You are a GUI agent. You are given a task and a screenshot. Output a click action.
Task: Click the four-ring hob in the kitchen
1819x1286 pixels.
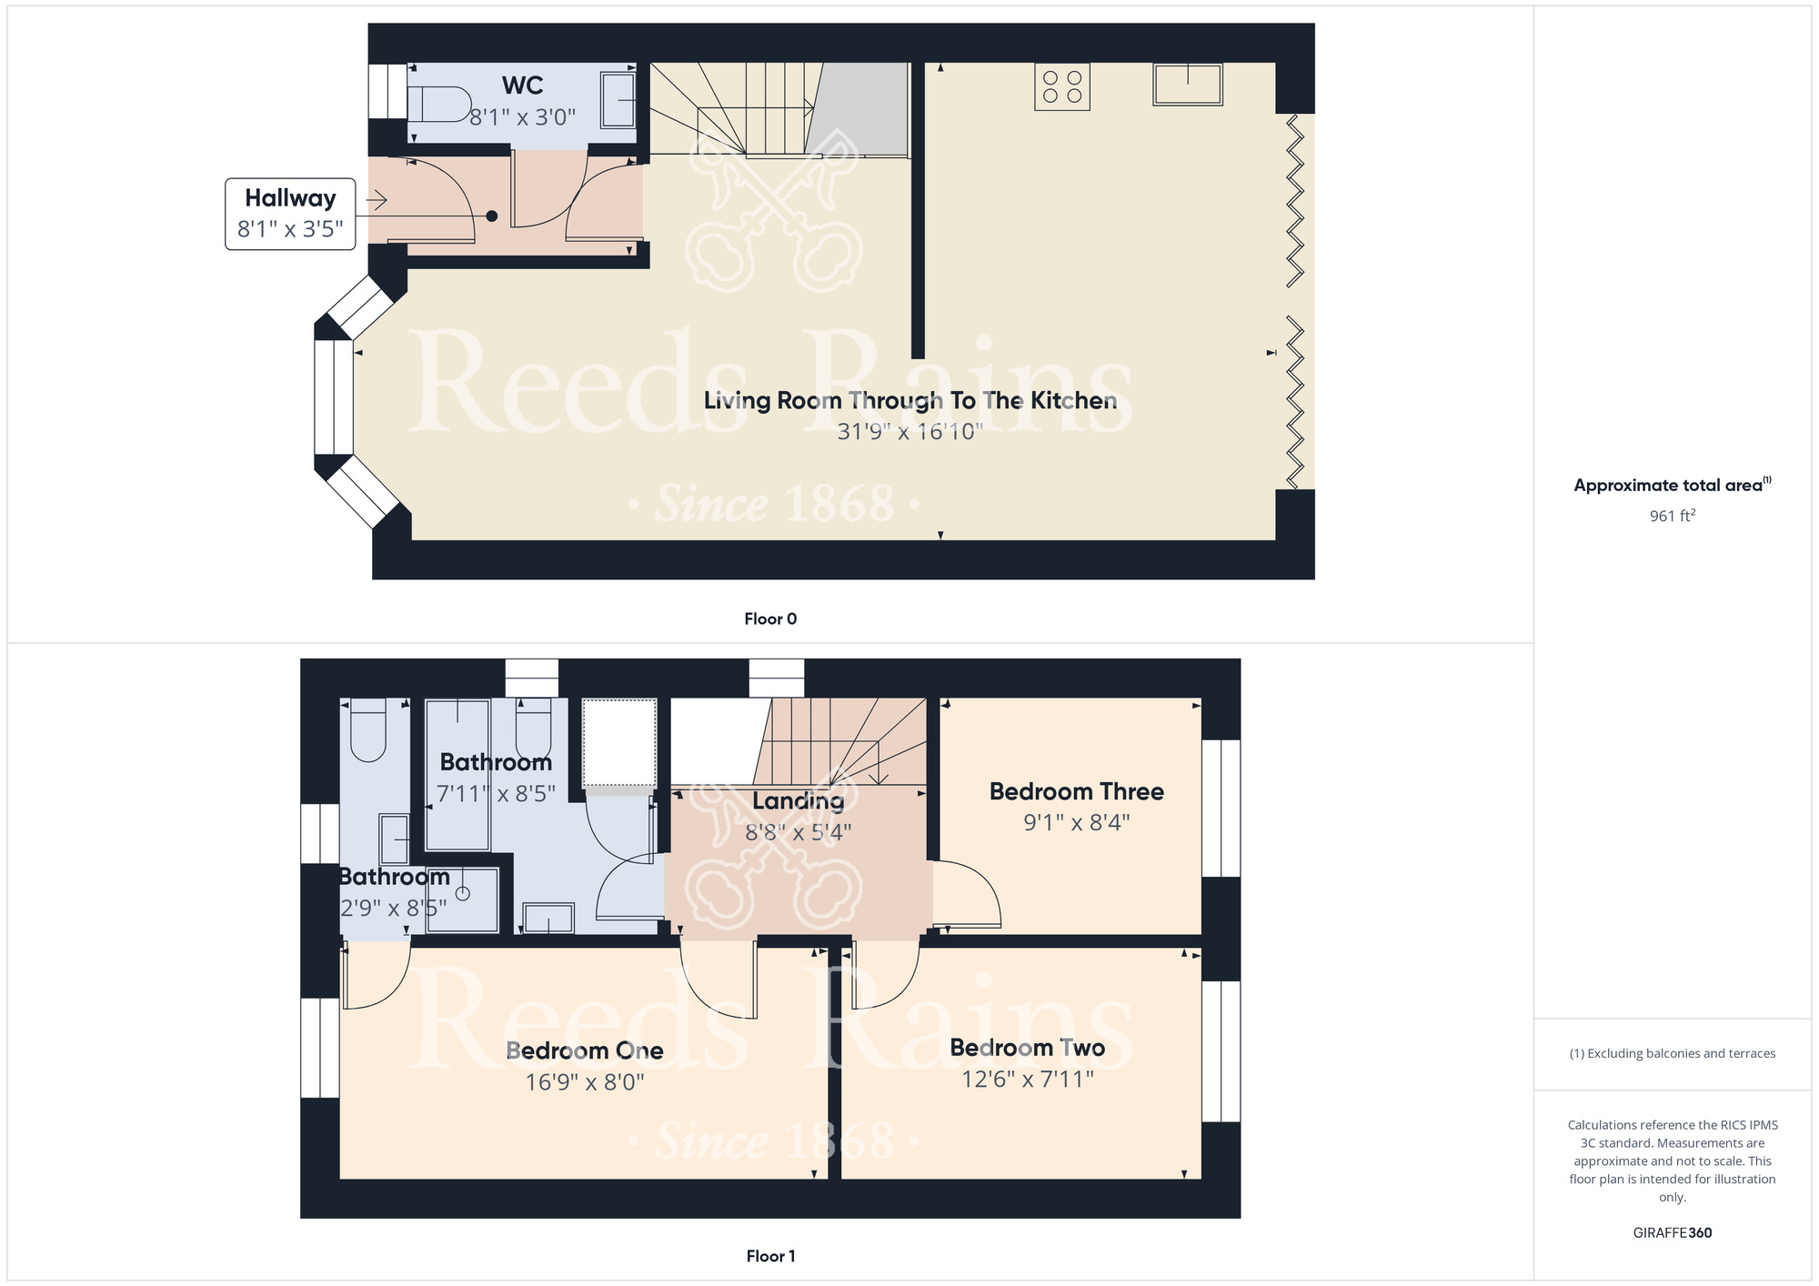[1062, 86]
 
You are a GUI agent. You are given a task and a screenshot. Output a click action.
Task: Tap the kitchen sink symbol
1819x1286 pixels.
[1188, 84]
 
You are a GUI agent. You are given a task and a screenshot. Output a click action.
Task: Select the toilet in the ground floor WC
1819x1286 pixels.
[438, 104]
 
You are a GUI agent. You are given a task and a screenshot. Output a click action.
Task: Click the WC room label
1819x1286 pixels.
[523, 85]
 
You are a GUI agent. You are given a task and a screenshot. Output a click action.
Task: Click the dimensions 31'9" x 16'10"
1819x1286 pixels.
[909, 431]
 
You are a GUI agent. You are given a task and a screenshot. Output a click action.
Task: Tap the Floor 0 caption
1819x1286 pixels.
[770, 618]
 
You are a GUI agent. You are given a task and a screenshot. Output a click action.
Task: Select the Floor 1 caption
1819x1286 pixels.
[770, 1256]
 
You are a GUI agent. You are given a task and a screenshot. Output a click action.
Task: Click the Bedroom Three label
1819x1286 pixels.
[1077, 791]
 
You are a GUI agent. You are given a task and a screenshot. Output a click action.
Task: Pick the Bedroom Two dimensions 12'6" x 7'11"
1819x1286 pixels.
[1028, 1080]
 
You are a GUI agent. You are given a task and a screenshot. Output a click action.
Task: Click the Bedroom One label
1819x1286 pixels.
[585, 1050]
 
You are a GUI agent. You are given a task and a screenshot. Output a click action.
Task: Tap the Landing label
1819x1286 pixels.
[799, 801]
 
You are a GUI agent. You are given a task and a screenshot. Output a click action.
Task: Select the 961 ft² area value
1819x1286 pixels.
[1673, 516]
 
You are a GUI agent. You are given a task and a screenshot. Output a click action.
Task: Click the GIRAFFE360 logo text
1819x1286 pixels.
[1673, 1233]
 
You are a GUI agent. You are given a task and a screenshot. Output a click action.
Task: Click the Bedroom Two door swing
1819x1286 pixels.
[886, 975]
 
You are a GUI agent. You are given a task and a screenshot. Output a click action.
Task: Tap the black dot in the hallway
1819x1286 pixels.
[492, 216]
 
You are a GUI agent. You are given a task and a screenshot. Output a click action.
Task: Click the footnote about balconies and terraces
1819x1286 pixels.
[1673, 1053]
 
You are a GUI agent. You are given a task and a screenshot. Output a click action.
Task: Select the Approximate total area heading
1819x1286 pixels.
[1673, 485]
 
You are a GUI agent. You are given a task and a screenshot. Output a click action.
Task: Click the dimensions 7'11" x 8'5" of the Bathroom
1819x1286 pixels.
[497, 794]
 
